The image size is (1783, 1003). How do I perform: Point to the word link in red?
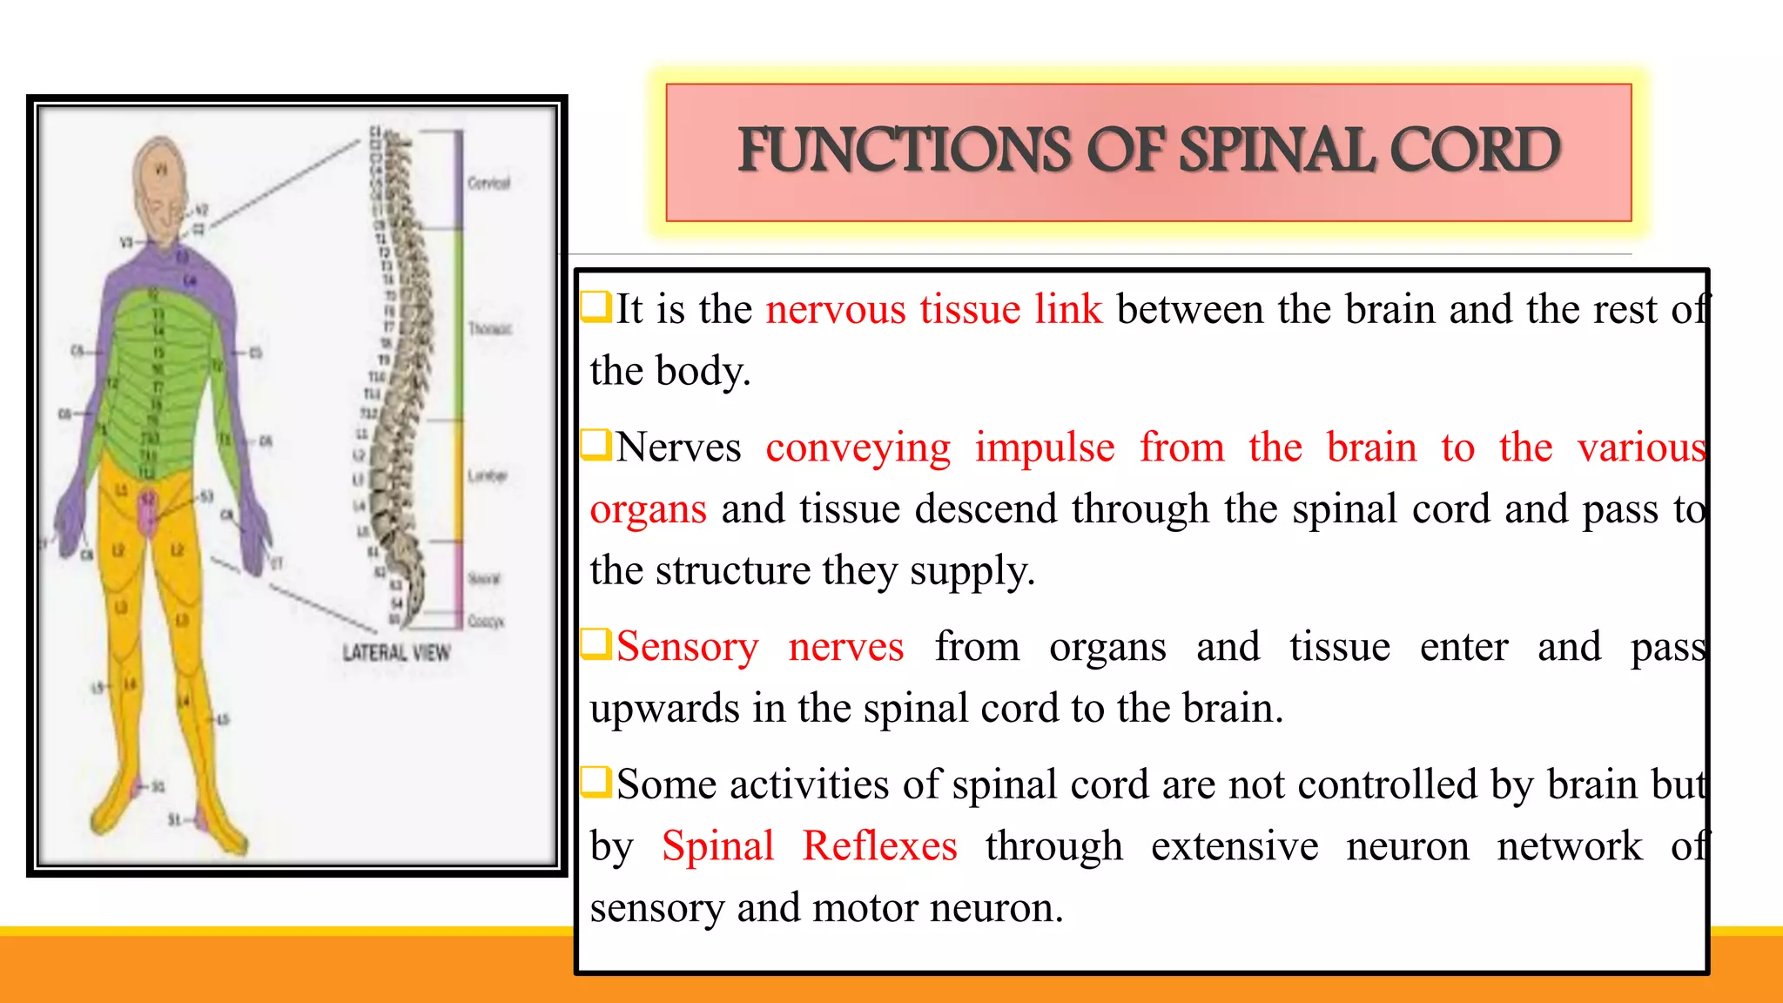[x=1068, y=310]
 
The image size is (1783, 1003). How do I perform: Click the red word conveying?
[x=858, y=449]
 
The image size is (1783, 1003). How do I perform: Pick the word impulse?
[x=1044, y=448]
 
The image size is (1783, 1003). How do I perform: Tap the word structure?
[x=732, y=571]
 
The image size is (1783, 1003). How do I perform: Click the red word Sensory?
[x=687, y=648]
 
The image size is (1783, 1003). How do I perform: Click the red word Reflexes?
[x=879, y=846]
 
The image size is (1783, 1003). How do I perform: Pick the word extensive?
[x=1234, y=846]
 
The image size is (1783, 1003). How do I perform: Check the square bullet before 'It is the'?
[x=596, y=306]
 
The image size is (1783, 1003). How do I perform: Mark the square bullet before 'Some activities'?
[x=596, y=782]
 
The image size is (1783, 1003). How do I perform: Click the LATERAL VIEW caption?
[x=396, y=653]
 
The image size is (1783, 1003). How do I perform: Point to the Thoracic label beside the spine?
[x=489, y=328]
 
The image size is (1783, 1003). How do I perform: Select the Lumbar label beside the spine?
[x=487, y=475]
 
